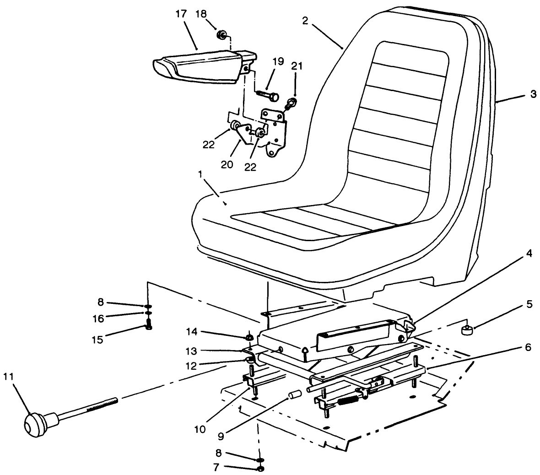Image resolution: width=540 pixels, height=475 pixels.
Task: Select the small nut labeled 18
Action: (x=221, y=34)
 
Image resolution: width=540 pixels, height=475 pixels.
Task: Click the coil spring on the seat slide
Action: (x=348, y=401)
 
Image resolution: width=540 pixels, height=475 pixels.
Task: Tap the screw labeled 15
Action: (x=148, y=326)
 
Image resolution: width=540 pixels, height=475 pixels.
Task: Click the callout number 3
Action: (x=533, y=94)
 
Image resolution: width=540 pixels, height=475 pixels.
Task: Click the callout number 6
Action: (x=529, y=347)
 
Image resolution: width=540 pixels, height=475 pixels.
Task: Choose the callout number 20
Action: (x=227, y=164)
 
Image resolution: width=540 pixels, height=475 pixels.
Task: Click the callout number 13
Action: (x=192, y=351)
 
